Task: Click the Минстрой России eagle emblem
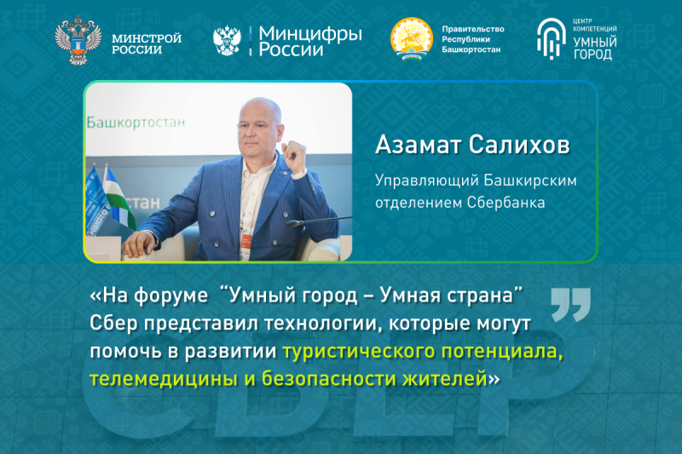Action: (x=78, y=40)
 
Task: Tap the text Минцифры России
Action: (x=310, y=41)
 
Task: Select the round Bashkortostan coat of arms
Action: (x=412, y=39)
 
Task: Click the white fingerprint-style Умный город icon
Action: (x=551, y=38)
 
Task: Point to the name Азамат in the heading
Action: (x=418, y=145)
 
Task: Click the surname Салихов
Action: (x=519, y=145)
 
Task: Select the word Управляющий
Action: (x=427, y=181)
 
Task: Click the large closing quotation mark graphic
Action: (x=570, y=305)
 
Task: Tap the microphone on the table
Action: (x=318, y=221)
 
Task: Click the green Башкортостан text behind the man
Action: (x=136, y=123)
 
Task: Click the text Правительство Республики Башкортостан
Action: (x=473, y=39)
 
